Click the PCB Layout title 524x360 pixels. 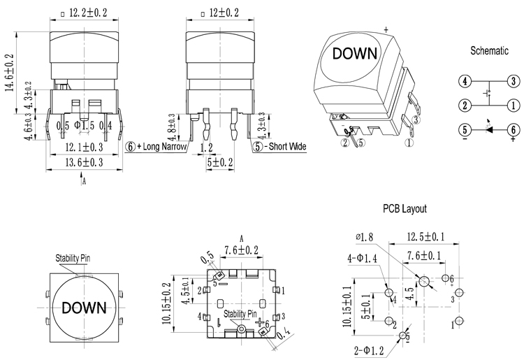(x=404, y=208)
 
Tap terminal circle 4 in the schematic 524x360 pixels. (x=463, y=80)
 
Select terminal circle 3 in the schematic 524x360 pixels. (x=512, y=80)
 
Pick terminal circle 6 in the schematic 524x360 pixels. (x=512, y=129)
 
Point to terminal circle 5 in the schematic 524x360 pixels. (x=463, y=129)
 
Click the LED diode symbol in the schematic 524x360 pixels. (x=489, y=129)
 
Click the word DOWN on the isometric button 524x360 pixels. (x=354, y=54)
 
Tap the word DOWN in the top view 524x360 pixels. (x=84, y=307)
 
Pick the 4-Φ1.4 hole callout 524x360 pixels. (x=363, y=258)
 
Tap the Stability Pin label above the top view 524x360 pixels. (x=73, y=258)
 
